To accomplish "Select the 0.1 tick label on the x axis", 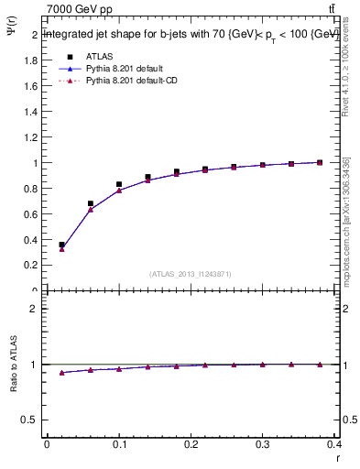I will [119, 445].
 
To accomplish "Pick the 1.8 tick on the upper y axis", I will [30, 60].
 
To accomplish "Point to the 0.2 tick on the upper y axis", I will [30, 265].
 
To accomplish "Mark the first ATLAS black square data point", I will [61, 245].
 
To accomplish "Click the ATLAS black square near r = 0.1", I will [119, 184].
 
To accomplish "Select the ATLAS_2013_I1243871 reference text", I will [191, 275].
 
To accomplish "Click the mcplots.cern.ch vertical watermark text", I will [346, 220].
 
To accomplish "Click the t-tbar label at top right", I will [331, 9].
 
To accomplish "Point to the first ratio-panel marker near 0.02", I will [61, 373].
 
